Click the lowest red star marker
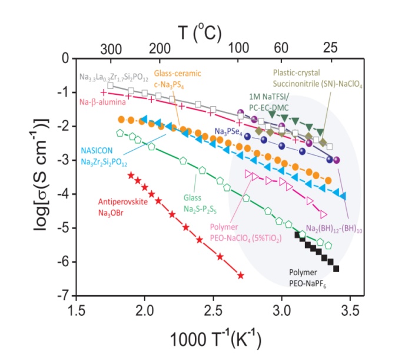(240, 275)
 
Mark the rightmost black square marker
(336, 269)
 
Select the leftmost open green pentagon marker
(121, 133)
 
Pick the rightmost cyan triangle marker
(343, 196)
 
